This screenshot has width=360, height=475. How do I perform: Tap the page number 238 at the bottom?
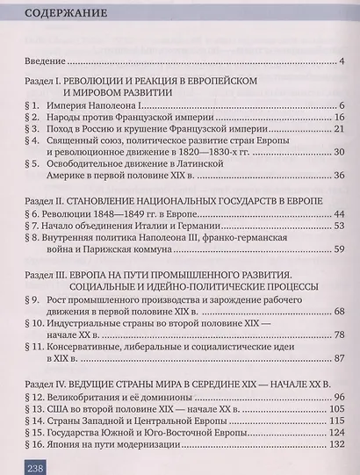click(x=31, y=466)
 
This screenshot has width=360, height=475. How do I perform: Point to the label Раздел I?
click(x=41, y=80)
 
